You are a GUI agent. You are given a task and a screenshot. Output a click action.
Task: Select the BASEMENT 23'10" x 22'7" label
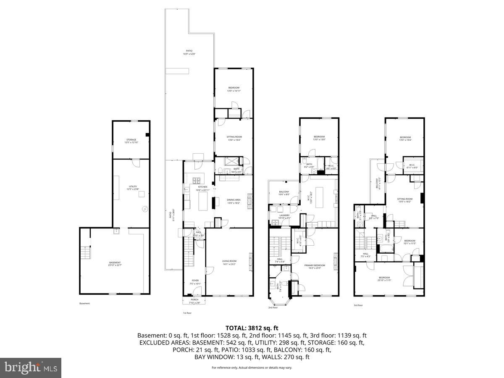[x=115, y=264]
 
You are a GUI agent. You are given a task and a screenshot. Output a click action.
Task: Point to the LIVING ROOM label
[x=229, y=262]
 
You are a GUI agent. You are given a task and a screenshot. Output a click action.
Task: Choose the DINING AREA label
[x=234, y=201]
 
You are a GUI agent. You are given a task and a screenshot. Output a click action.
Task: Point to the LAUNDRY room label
[x=284, y=217]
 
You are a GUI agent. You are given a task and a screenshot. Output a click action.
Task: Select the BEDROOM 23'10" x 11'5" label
[x=384, y=278]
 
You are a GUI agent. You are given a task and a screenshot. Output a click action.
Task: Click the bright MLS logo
[x=31, y=367]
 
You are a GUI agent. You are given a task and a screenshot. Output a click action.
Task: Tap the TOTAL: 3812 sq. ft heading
[x=252, y=328]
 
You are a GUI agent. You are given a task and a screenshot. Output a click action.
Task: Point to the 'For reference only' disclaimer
[x=252, y=367]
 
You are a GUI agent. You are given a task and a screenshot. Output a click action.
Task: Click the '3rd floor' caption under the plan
[x=358, y=305]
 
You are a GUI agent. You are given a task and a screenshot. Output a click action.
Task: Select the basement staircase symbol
[x=85, y=252]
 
